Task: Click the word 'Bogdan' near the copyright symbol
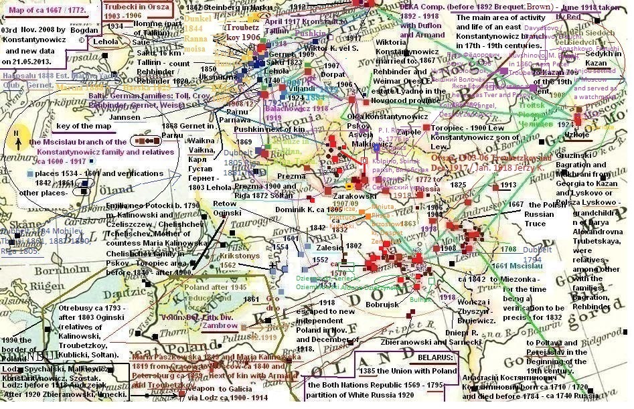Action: tap(76, 31)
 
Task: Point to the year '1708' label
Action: tap(508, 249)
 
